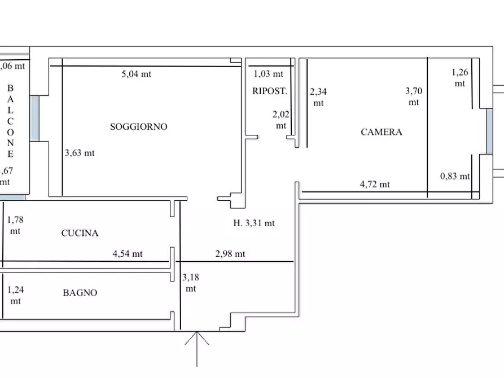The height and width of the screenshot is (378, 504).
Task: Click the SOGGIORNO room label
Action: (138, 127)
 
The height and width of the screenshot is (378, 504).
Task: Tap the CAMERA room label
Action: (382, 132)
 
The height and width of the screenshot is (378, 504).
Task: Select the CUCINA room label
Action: (80, 233)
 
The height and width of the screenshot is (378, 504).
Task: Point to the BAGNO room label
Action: (80, 292)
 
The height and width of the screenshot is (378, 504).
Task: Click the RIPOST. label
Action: (269, 91)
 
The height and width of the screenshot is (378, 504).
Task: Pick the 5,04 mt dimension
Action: (137, 74)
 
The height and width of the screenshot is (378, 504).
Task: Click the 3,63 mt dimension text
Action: (80, 153)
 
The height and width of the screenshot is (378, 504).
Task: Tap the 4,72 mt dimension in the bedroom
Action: (375, 184)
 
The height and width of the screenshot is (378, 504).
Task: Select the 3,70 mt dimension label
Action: (414, 96)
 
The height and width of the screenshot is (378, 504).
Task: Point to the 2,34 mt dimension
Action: (318, 97)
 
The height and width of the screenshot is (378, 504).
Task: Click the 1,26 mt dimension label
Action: (460, 77)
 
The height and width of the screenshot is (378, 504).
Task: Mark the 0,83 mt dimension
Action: (455, 176)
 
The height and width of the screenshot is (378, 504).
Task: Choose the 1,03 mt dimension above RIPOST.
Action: (269, 74)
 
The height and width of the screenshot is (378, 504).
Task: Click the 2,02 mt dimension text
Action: (281, 120)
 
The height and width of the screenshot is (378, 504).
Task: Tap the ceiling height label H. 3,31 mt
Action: (254, 223)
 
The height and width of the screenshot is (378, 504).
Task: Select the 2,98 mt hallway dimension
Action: (230, 254)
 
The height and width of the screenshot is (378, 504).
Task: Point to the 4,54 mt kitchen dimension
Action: (128, 254)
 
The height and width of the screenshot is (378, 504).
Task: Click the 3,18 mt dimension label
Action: (191, 283)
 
